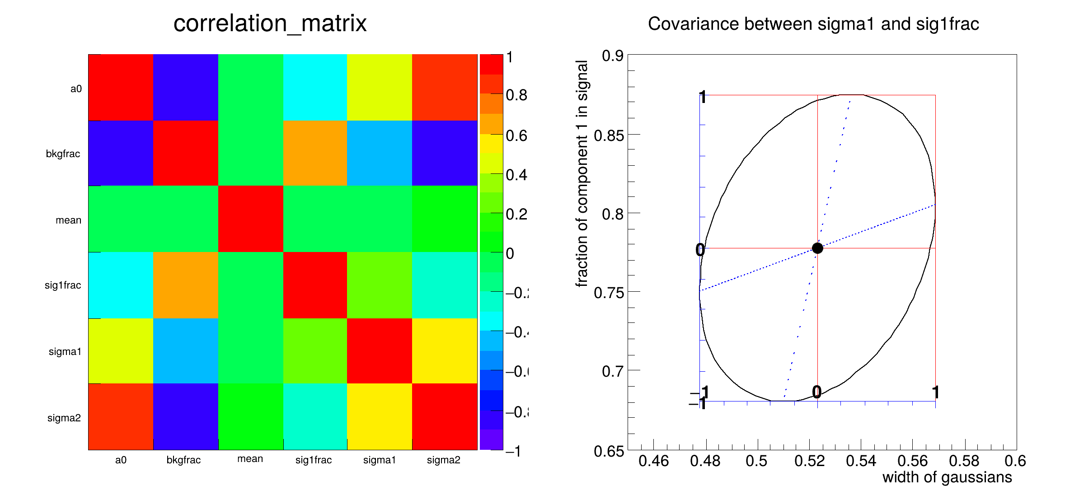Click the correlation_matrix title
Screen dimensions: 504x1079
click(270, 23)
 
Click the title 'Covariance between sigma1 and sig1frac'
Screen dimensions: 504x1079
click(813, 24)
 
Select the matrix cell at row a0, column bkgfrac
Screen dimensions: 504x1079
click(186, 87)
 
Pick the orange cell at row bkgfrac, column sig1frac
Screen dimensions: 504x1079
click(315, 153)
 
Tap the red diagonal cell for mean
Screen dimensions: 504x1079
click(251, 219)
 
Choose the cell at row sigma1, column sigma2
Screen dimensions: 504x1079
click(445, 351)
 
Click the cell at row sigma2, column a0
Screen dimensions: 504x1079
click(121, 416)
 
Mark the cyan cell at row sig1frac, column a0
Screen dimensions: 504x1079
click(121, 285)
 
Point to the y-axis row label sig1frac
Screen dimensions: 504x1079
click(63, 285)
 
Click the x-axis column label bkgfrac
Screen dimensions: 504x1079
click(183, 460)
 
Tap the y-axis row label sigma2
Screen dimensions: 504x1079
click(64, 418)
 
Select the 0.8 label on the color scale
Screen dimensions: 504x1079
click(516, 95)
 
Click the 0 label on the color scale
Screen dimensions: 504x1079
click(510, 254)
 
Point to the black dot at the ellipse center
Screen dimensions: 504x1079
click(817, 248)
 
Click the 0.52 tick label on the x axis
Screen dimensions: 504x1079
click(809, 461)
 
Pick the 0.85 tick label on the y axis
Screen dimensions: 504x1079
click(608, 135)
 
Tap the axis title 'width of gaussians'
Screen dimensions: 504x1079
click(947, 477)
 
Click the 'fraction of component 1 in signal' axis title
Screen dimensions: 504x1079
click(582, 174)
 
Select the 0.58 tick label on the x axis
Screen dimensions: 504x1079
click(964, 461)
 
